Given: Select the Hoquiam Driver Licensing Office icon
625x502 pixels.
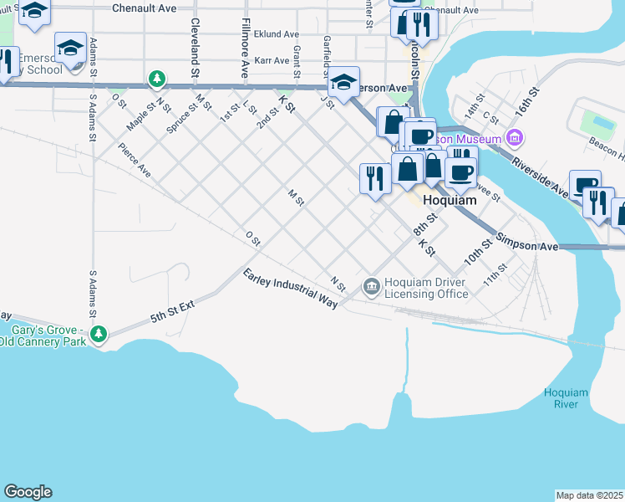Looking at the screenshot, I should (x=371, y=287).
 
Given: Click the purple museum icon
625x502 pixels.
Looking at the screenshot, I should (x=515, y=138).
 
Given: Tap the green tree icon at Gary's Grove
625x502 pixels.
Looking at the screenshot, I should (x=99, y=335).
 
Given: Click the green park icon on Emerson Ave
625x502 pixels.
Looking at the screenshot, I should (x=156, y=79).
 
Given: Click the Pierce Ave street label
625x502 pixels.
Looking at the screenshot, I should (x=134, y=160).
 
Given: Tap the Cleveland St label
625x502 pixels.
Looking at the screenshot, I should (x=194, y=49).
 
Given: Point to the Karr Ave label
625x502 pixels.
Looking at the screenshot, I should (x=271, y=61).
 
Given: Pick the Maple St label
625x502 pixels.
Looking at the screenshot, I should (x=141, y=115).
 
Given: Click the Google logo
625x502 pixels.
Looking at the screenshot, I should (x=28, y=492).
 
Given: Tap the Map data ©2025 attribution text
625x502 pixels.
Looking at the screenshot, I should (x=589, y=495).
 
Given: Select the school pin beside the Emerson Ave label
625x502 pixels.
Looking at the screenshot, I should (x=343, y=82).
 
